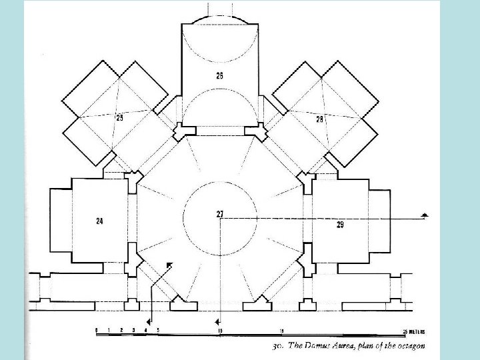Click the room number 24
coord(99,221)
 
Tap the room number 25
coord(120,118)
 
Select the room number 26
coord(219,75)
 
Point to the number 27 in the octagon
coord(219,213)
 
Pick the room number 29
coord(340,225)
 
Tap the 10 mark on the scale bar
coord(219,331)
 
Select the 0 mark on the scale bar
coord(97,331)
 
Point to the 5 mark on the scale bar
coord(158,331)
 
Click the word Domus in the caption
coord(309,347)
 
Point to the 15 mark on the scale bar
coord(282,331)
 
